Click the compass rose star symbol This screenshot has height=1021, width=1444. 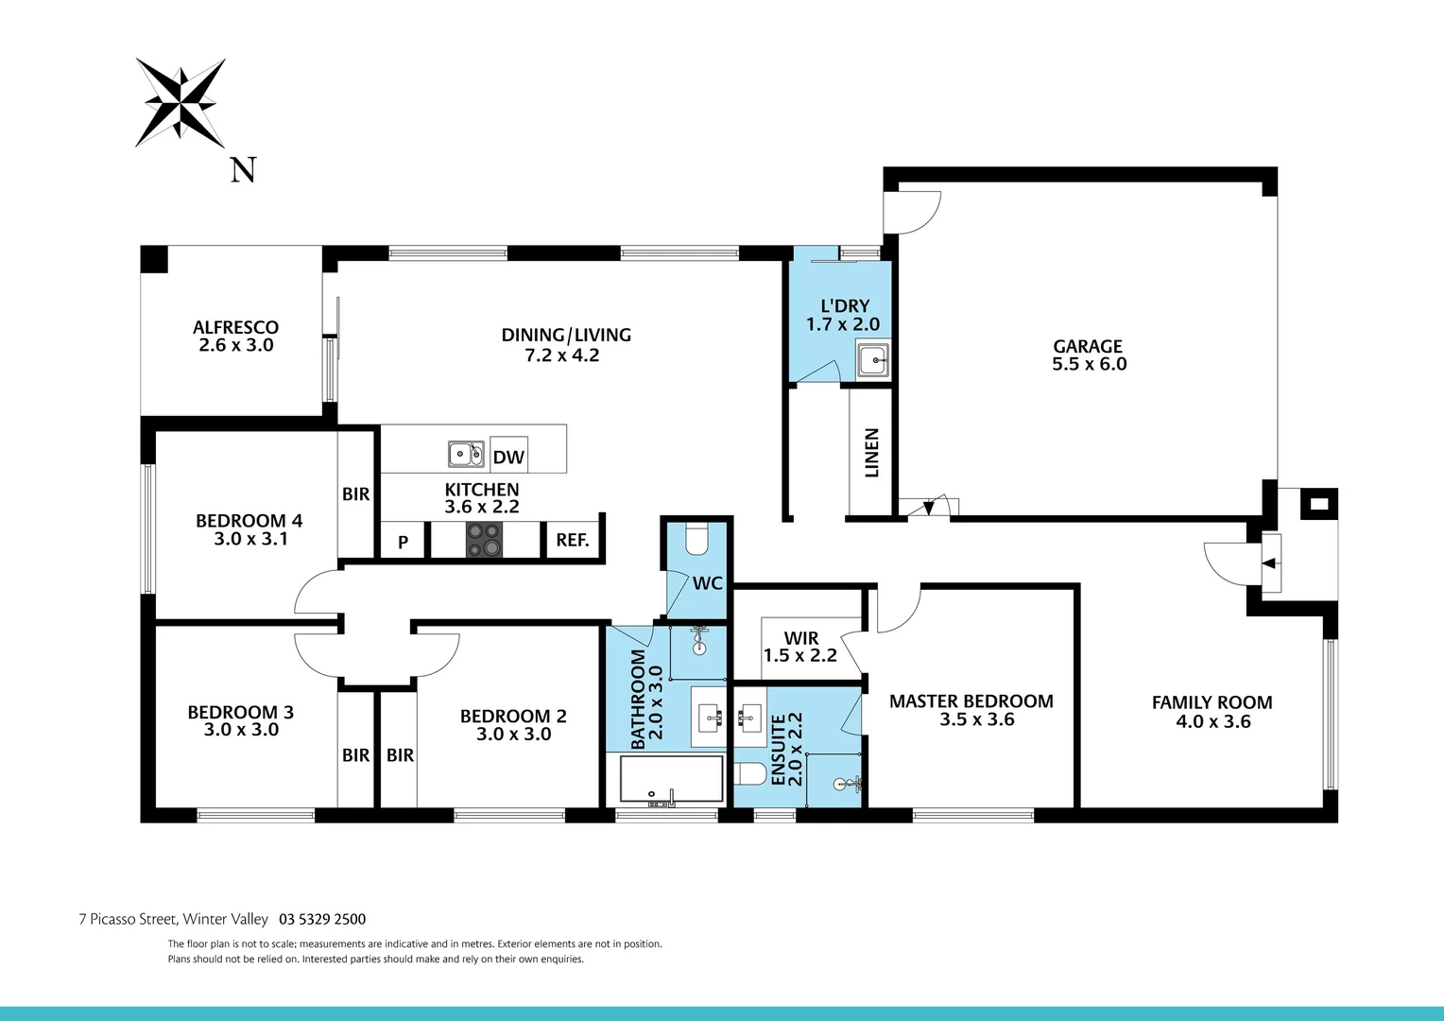pos(180,102)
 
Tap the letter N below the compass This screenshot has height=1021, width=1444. pos(244,170)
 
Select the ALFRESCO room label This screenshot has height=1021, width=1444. pos(235,328)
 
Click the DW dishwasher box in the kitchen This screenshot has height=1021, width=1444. pos(508,458)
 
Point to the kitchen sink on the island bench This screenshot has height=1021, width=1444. pos(466,455)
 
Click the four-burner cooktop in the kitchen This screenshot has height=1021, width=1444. pos(484,540)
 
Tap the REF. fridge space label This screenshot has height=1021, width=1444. pos(573,541)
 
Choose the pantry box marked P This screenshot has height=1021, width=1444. pos(404,542)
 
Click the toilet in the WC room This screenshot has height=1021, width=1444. pos(696,538)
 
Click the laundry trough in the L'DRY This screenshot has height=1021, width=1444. pos(872,359)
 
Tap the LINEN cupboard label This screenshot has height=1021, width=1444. pos(871,453)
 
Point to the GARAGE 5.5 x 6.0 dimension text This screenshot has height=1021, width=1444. pos(1089,364)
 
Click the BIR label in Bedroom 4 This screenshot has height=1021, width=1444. pos(356,494)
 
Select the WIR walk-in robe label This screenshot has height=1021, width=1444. pos(800,638)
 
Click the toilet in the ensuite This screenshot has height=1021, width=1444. pos(750,774)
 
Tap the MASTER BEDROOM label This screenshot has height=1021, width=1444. pos(971,701)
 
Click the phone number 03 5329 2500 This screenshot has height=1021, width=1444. pos(322,919)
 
